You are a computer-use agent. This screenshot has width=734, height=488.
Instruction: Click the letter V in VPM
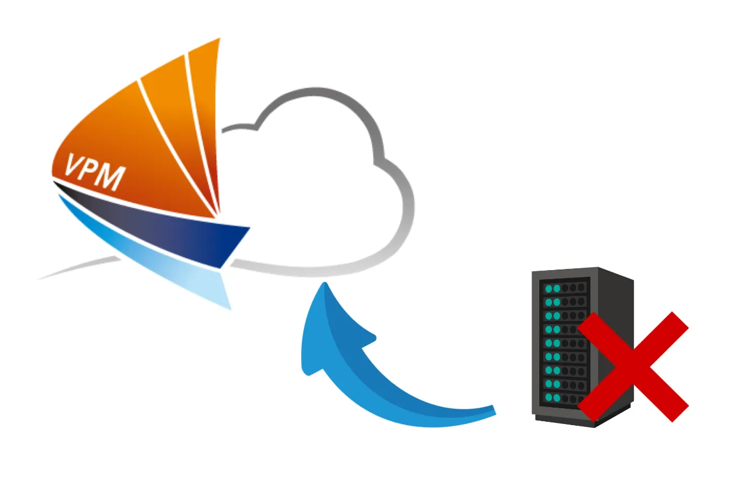click(75, 164)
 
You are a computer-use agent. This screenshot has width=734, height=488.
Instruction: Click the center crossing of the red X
click(633, 366)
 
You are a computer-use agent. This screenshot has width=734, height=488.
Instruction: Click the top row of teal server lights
click(552, 289)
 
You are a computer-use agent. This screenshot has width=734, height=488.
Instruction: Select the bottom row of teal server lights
click(552, 397)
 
